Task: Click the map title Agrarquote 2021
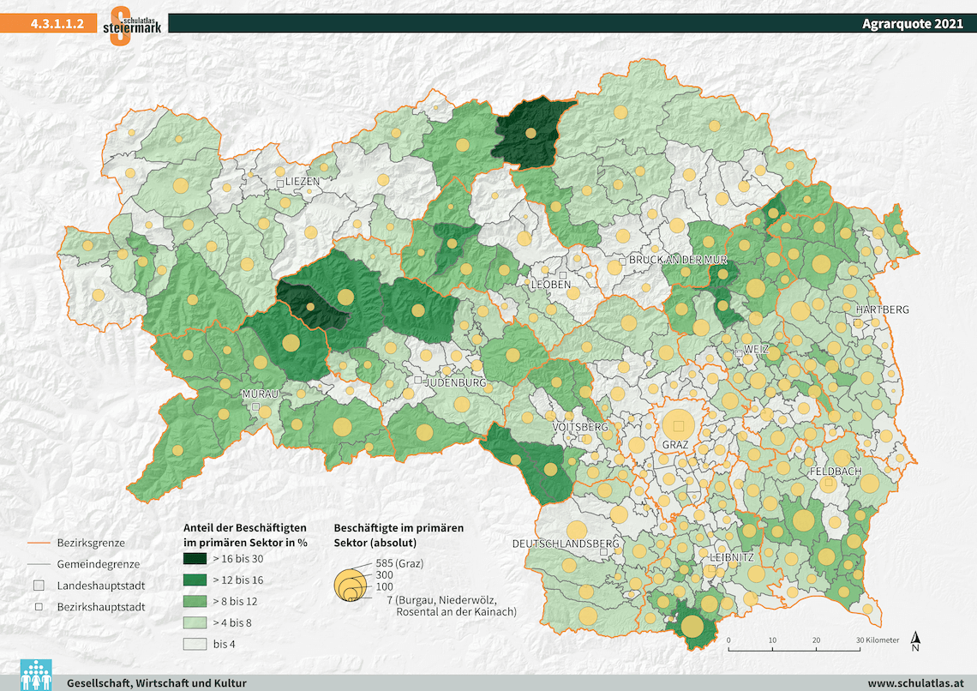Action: click(913, 24)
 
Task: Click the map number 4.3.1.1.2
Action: click(57, 24)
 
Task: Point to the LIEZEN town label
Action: click(303, 182)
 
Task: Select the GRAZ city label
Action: click(675, 446)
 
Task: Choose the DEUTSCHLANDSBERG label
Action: click(566, 544)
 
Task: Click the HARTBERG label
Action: click(881, 309)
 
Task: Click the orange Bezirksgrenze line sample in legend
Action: click(38, 543)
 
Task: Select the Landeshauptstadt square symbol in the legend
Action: click(39, 586)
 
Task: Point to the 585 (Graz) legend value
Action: click(400, 563)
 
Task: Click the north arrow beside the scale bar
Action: click(915, 640)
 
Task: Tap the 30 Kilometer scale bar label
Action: click(876, 640)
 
